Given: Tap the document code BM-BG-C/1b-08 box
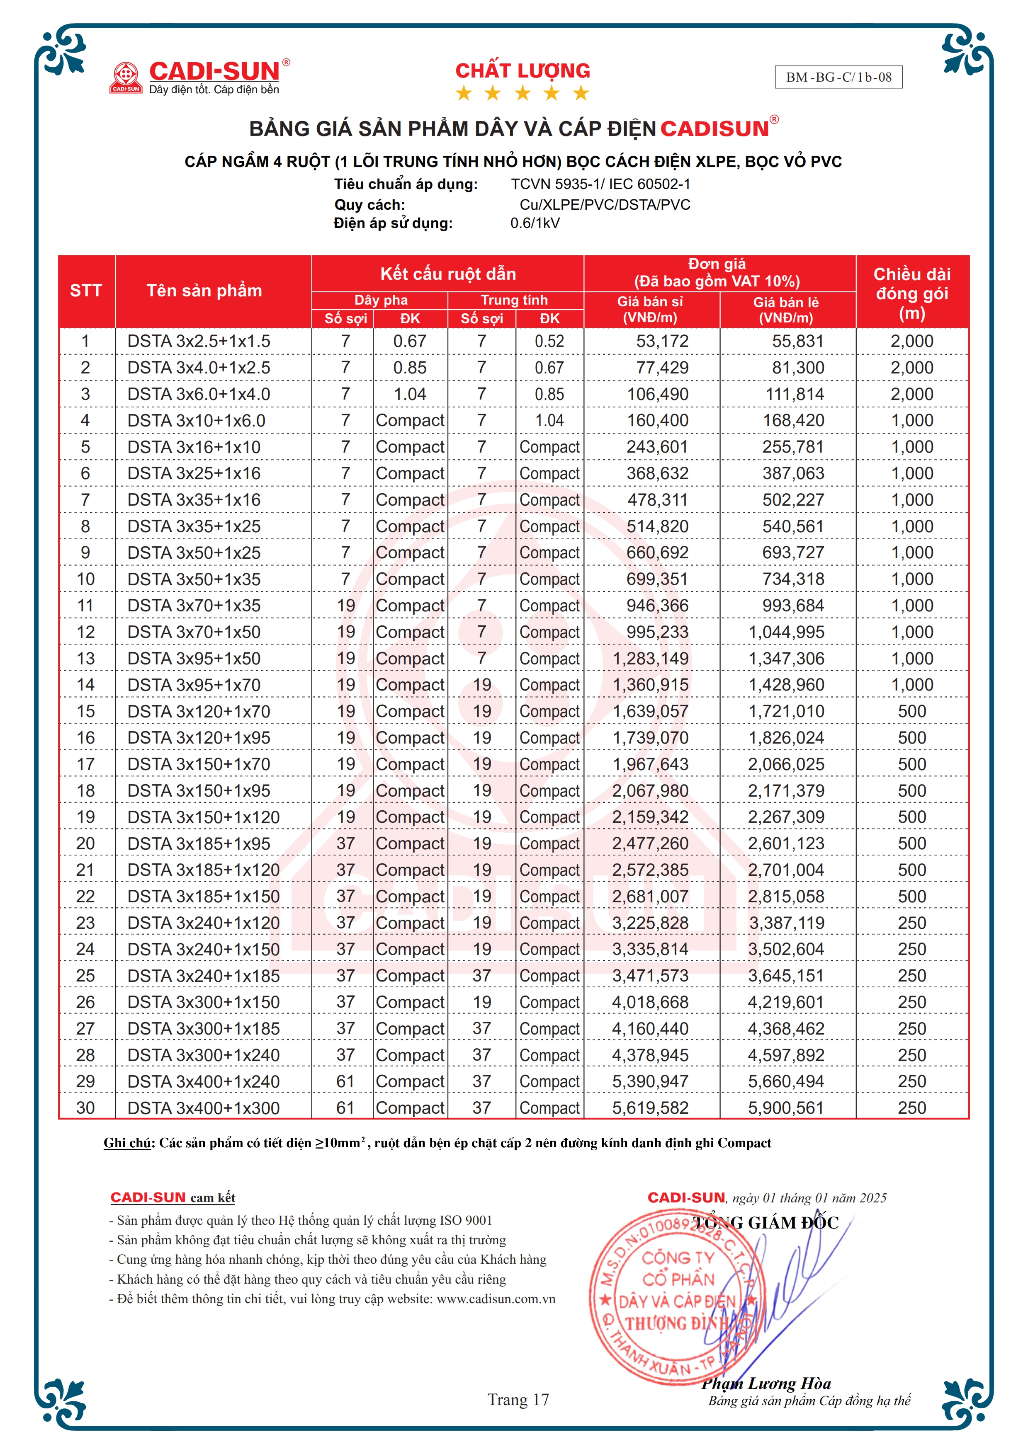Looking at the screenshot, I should point(838,77).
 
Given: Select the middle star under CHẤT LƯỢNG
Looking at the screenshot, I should point(523,94).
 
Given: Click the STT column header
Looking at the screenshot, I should point(86,291).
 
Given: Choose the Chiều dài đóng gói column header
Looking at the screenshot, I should point(911,293).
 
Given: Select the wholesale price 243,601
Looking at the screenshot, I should point(657,447).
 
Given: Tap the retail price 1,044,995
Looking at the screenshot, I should point(786,632).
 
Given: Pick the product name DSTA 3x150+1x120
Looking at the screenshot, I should point(203,817).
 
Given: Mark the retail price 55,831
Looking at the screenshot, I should point(797,342).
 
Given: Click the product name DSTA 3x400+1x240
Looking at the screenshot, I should point(203,1082).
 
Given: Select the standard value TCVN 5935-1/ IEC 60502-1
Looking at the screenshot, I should point(600,184).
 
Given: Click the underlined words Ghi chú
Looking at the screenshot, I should point(127,1143).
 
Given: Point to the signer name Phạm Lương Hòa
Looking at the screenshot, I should point(766,1384).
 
